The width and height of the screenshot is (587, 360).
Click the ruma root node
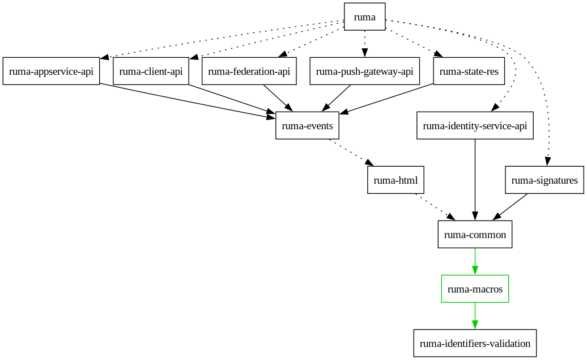(x=365, y=17)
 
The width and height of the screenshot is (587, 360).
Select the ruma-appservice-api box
(x=51, y=71)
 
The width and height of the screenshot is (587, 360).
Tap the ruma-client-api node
(x=151, y=71)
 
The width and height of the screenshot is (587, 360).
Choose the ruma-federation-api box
(x=249, y=71)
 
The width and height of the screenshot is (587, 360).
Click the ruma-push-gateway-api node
(x=364, y=71)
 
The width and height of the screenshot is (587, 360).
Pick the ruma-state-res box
(x=469, y=71)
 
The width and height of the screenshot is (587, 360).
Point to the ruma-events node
(x=307, y=126)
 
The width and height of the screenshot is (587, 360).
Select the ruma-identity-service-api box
(x=475, y=126)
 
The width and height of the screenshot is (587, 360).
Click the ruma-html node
(x=395, y=180)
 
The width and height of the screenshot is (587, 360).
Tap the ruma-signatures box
(x=544, y=180)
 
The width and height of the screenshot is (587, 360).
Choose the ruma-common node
(x=475, y=235)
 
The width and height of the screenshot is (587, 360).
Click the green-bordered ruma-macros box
(x=475, y=289)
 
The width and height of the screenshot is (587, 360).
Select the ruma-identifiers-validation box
(x=475, y=344)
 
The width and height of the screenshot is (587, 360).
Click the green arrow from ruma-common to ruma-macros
(x=475, y=261)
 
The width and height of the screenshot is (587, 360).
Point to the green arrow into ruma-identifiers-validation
(x=475, y=316)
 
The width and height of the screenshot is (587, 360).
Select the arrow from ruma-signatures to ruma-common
(x=511, y=207)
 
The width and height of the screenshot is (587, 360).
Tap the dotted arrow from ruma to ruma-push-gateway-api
(x=364, y=43)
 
